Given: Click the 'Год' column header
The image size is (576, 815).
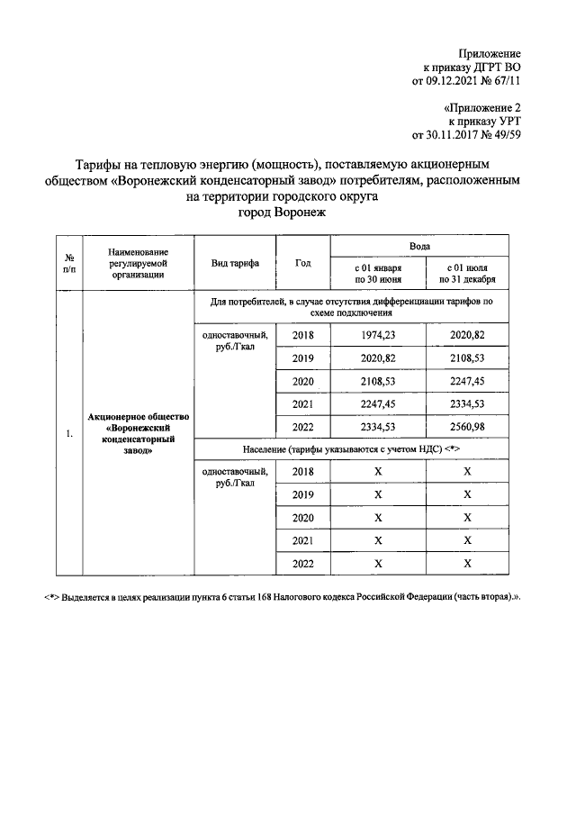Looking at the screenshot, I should [302, 263].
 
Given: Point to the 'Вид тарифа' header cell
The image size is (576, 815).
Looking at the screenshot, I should [235, 263].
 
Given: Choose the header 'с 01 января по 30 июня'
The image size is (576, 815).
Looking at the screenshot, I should [378, 274].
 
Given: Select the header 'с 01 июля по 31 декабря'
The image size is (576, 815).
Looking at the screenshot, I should [467, 274].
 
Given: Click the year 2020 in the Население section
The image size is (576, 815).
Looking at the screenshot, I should [303, 518].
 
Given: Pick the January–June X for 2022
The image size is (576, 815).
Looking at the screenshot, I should [378, 563].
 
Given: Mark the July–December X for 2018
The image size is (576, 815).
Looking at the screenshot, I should [467, 471].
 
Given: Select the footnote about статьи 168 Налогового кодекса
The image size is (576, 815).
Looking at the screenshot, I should [284, 597].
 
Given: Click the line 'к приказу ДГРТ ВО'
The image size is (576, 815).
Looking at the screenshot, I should [472, 67].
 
